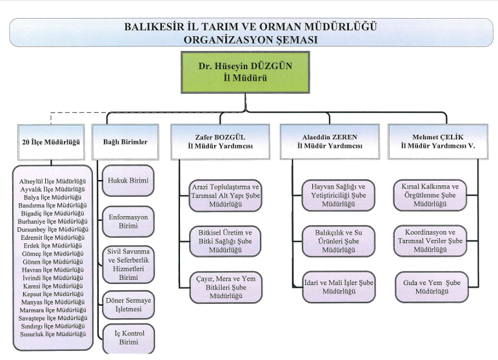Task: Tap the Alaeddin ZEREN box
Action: pyautogui.click(x=329, y=141)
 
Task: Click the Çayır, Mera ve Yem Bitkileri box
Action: pyautogui.click(x=225, y=287)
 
